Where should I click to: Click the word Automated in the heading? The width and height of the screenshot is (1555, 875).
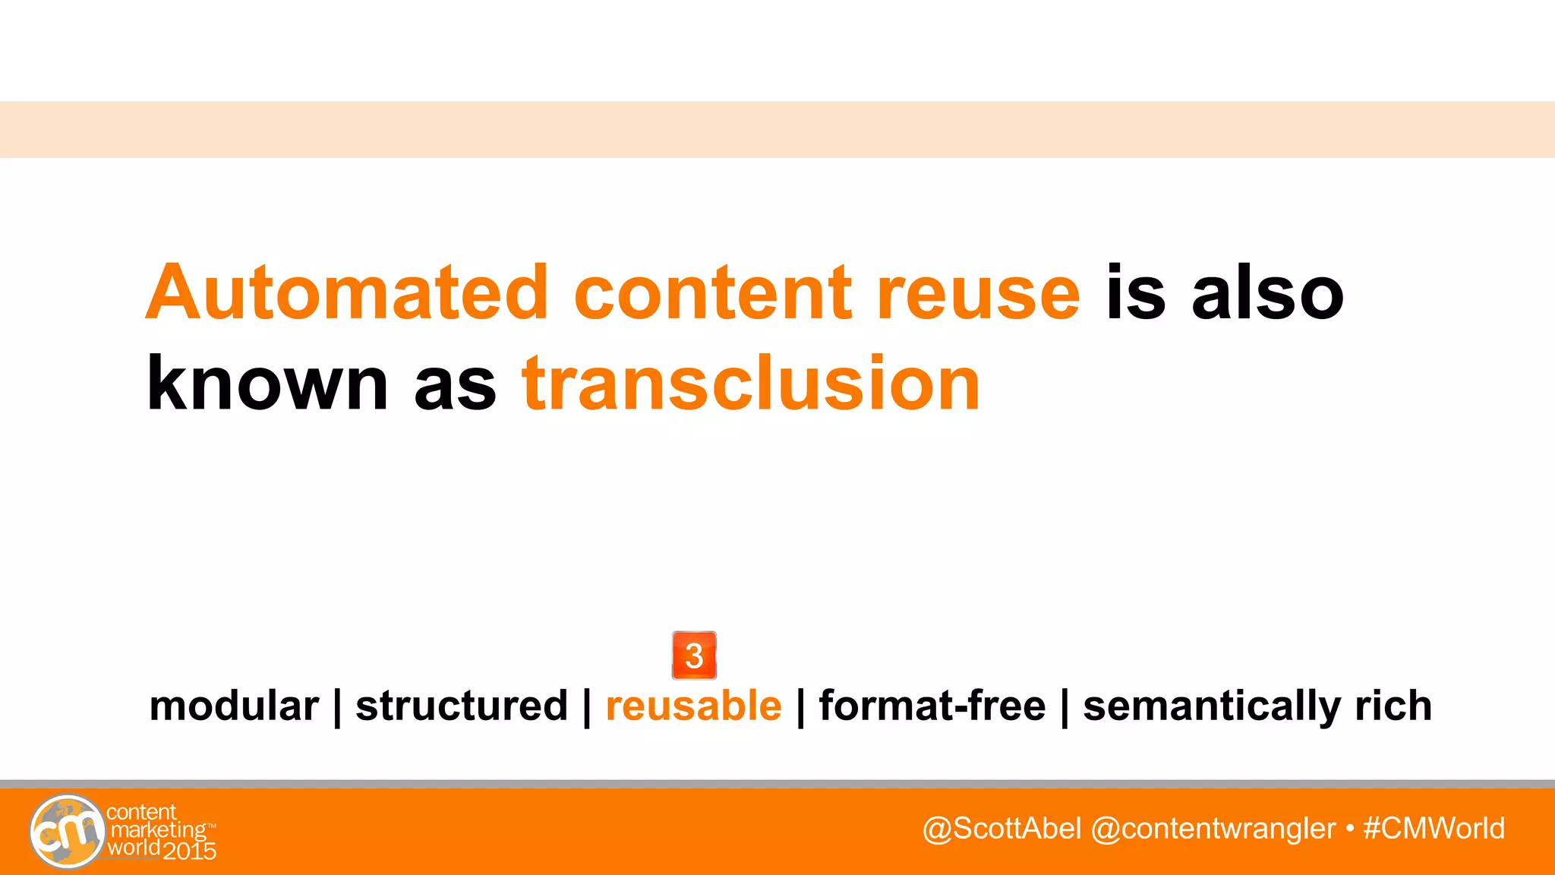346,293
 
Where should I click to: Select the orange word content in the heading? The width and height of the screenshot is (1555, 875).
712,293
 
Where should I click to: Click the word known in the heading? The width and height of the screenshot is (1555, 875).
267,384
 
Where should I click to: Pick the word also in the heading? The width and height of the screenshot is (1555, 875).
1267,293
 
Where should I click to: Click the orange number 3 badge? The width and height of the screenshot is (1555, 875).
694,655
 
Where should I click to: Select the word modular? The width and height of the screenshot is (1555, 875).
234,706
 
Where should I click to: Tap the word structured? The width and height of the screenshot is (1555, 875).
462,706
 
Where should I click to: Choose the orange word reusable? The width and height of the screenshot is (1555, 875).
693,706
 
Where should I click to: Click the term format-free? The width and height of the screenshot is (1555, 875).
932,706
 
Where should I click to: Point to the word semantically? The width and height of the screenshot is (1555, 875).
1211,707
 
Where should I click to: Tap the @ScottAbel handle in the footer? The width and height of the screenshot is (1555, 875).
1001,829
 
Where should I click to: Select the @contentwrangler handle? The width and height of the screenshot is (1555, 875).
1213,829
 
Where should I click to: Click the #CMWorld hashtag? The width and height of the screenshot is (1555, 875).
1434,829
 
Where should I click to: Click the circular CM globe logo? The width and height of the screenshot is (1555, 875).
67,831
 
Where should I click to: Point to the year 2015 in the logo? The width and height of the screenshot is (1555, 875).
190,851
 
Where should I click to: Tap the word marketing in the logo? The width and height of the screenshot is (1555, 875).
158,830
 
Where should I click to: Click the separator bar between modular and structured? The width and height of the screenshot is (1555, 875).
337,707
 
